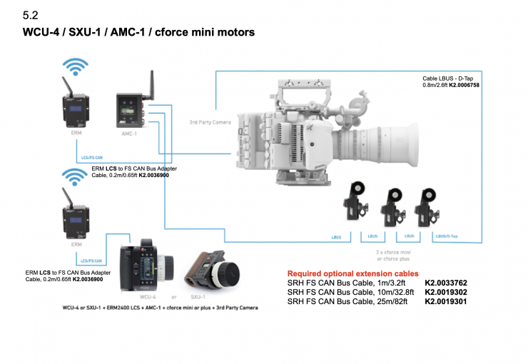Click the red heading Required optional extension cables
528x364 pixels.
pyautogui.click(x=352, y=273)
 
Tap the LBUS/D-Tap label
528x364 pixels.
pyautogui.click(x=447, y=235)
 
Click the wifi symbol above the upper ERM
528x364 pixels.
pyautogui.click(x=76, y=67)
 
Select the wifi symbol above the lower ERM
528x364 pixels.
pyautogui.click(x=76, y=177)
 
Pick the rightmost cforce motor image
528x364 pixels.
pyautogui.click(x=427, y=203)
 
